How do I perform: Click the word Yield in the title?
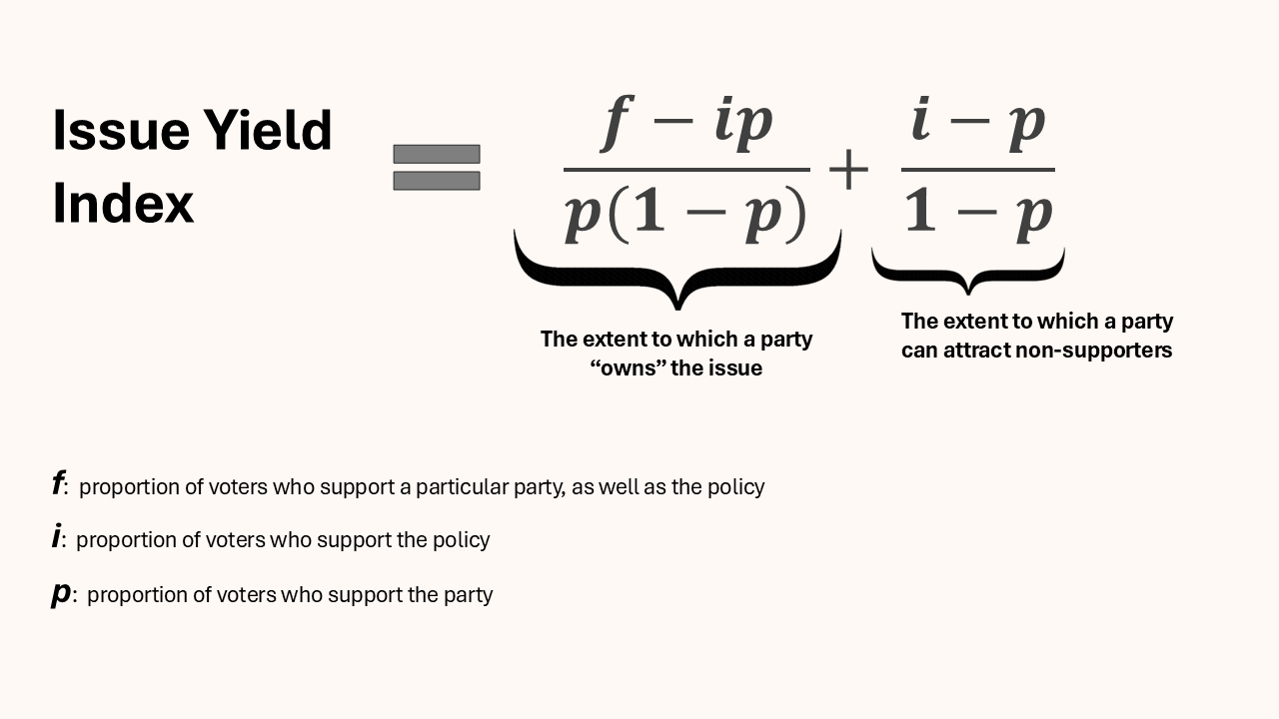268,131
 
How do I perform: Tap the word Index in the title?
123,204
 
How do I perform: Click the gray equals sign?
437,167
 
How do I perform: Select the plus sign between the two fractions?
848,171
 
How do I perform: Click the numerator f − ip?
686,124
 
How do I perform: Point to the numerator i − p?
977,124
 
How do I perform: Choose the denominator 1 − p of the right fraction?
978,214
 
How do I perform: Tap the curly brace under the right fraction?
967,268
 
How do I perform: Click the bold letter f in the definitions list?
58,485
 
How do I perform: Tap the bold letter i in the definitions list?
56,538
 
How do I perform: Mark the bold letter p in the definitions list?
61,593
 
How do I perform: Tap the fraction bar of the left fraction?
686,169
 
